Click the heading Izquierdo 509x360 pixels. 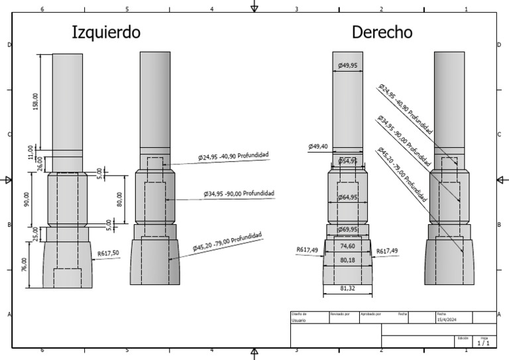[x=106, y=32]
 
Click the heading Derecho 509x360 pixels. [x=382, y=32]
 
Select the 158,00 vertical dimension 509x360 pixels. [x=36, y=102]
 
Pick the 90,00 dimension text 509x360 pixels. [x=27, y=199]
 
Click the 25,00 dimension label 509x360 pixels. [x=36, y=233]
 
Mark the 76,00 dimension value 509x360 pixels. [x=25, y=265]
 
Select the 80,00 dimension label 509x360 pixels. [x=119, y=198]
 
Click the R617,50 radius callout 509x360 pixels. [x=108, y=253]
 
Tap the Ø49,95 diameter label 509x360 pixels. [x=348, y=66]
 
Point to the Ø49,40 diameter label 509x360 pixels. [x=319, y=147]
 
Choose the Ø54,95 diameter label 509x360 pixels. [x=348, y=161]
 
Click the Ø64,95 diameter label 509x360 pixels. [x=348, y=198]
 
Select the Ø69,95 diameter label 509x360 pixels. [x=348, y=229]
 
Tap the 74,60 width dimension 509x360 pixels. [x=348, y=245]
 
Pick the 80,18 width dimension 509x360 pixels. [x=348, y=260]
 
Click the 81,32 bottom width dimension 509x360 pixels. [x=348, y=288]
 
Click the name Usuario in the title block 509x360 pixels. [x=299, y=320]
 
